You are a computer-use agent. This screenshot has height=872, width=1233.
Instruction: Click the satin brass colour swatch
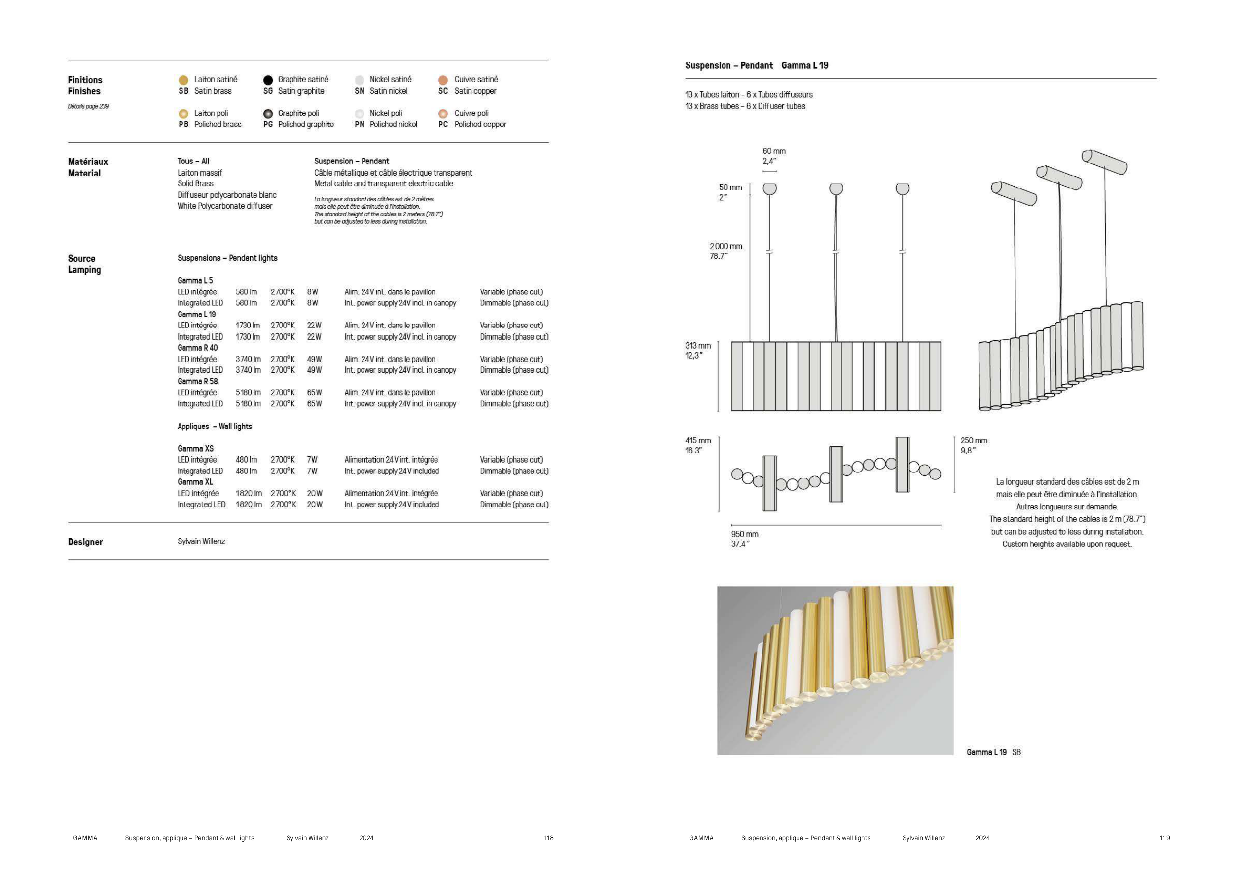pos(183,80)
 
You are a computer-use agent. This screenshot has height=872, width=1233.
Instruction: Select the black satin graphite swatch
pos(268,80)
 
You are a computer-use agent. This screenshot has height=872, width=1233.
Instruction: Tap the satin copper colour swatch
pos(443,80)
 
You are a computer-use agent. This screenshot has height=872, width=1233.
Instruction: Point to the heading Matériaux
pos(87,162)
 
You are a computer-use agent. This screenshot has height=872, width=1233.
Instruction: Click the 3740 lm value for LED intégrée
pos(248,359)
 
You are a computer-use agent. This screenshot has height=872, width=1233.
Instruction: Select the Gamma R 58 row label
pos(198,381)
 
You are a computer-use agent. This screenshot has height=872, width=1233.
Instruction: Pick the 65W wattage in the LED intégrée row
pos(314,393)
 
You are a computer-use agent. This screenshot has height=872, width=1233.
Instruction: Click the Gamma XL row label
pos(195,482)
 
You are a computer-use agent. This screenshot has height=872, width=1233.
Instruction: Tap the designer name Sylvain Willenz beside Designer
pos(201,541)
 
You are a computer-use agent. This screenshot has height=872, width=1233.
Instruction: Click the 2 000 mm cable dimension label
pos(726,247)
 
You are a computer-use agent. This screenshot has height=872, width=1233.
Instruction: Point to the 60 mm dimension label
pos(774,151)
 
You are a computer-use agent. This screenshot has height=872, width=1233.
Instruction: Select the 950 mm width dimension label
pos(745,534)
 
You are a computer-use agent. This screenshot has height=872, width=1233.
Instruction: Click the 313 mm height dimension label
pos(697,346)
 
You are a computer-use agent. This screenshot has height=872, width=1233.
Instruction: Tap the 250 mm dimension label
pos(974,441)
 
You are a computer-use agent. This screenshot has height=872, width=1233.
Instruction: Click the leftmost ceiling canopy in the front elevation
pos(769,189)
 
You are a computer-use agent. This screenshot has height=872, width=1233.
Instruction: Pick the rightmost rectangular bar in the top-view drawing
pos(902,465)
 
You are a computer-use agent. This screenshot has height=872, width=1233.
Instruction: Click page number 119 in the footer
pos(1164,838)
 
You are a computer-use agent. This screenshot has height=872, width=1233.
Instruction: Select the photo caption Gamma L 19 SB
pos(993,752)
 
